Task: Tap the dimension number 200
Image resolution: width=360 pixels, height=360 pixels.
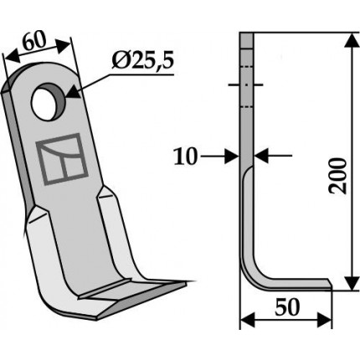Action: coord(337,176)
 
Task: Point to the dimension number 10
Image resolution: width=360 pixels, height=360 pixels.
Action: coord(185,157)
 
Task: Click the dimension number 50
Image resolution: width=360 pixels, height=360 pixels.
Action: coord(287,307)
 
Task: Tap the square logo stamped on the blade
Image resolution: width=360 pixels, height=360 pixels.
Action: coord(62,159)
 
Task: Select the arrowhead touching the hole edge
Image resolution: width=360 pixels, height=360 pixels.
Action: coord(73,92)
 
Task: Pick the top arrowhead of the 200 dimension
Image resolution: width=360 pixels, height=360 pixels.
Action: coord(352,41)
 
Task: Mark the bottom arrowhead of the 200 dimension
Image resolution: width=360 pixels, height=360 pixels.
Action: coord(352,283)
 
